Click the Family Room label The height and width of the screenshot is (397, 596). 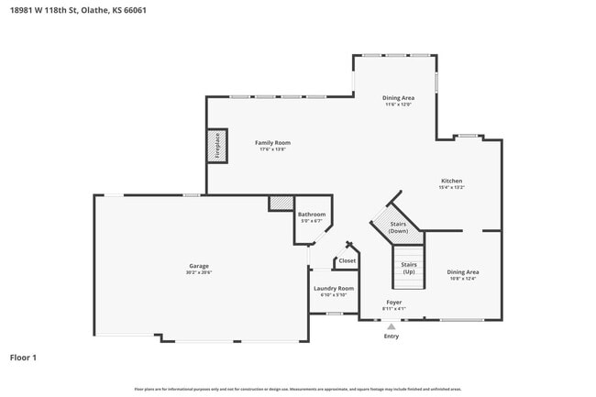272,142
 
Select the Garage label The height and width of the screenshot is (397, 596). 199,266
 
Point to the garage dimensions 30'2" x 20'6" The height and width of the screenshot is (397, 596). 199,272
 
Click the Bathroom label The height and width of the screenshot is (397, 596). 312,215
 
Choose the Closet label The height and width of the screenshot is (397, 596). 347,260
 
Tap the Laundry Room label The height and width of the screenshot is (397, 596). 333,288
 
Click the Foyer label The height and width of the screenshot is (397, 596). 393,302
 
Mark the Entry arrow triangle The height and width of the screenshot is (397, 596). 392,325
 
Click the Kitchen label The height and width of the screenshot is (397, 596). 451,181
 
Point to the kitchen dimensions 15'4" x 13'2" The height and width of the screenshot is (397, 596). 451,187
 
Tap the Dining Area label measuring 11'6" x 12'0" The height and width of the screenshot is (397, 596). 398,97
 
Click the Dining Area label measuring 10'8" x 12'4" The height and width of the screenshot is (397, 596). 462,271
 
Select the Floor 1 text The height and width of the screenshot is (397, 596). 23,357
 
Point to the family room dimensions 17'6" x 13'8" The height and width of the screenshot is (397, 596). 272,149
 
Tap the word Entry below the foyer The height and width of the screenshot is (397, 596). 392,336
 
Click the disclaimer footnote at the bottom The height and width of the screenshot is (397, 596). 298,389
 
